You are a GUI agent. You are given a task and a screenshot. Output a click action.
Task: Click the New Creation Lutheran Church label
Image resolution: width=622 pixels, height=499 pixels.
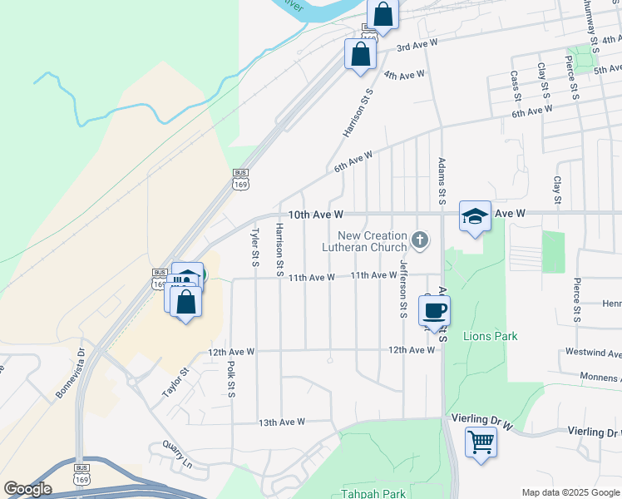[373, 241]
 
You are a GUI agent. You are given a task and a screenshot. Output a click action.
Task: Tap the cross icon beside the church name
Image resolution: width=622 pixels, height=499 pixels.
[421, 241]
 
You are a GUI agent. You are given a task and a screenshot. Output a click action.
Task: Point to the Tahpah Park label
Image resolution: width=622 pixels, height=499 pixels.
[373, 493]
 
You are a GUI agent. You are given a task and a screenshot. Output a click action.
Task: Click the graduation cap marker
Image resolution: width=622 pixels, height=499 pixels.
[475, 216]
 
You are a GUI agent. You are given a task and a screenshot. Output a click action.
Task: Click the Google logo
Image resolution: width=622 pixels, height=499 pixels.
[28, 488]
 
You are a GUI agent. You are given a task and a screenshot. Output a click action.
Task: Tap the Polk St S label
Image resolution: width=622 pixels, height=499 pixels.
[232, 379]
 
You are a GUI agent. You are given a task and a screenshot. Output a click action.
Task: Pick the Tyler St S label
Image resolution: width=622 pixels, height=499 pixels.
[255, 247]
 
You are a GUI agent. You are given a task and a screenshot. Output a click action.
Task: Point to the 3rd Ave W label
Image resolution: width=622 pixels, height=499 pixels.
[417, 46]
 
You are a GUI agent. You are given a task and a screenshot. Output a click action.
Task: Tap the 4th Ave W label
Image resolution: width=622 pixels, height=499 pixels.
[405, 76]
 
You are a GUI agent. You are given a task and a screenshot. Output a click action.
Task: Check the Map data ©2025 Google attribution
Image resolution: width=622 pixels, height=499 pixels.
[570, 492]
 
